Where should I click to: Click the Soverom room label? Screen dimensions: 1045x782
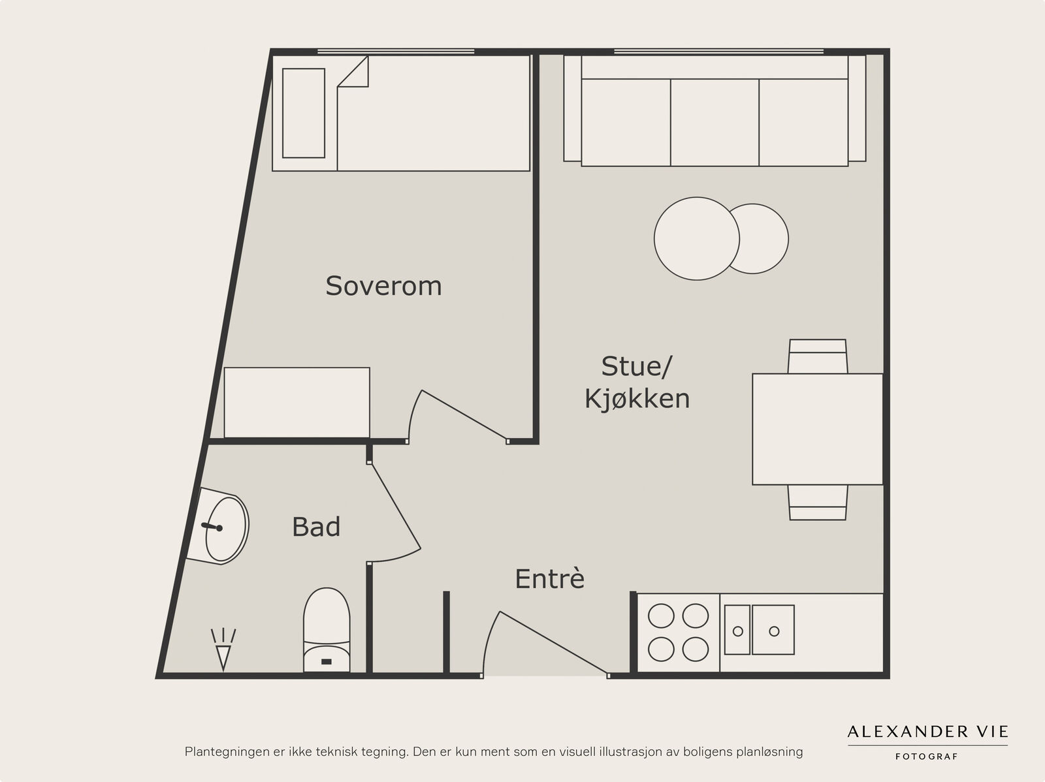click(x=384, y=286)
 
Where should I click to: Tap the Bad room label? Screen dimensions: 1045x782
click(x=316, y=527)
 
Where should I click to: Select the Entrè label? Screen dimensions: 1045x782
click(x=549, y=578)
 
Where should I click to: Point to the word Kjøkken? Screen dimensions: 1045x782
click(x=637, y=398)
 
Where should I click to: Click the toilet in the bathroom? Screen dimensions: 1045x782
click(x=327, y=630)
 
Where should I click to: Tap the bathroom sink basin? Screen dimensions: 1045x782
click(x=226, y=529)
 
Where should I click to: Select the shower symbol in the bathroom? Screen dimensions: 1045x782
click(x=223, y=649)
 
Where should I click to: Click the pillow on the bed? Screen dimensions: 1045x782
click(x=304, y=113)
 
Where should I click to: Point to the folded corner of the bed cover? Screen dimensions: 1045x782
click(x=353, y=72)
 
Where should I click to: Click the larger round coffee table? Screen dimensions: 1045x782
click(x=696, y=238)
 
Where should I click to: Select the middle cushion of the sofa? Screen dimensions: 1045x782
click(x=715, y=122)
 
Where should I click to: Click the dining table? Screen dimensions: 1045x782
click(x=818, y=429)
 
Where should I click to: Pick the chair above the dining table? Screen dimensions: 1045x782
click(x=818, y=356)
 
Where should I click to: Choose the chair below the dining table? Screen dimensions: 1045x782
click(x=818, y=503)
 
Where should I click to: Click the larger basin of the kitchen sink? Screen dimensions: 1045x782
click(x=773, y=630)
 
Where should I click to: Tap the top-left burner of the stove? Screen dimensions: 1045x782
click(x=661, y=616)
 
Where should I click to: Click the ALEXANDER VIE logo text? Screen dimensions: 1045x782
click(x=927, y=732)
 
